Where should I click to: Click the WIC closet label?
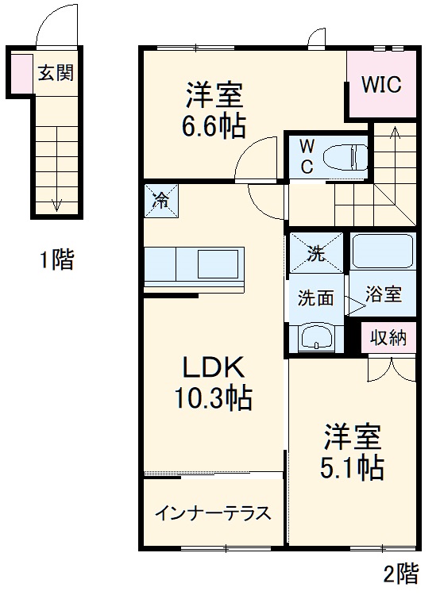383,84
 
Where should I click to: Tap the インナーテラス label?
213,512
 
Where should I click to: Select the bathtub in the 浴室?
382,251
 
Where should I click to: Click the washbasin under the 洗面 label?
317,338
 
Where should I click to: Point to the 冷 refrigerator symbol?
160,199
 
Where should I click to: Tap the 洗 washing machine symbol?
316,254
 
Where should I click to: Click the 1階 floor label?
56,259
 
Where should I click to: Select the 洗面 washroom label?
315,298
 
